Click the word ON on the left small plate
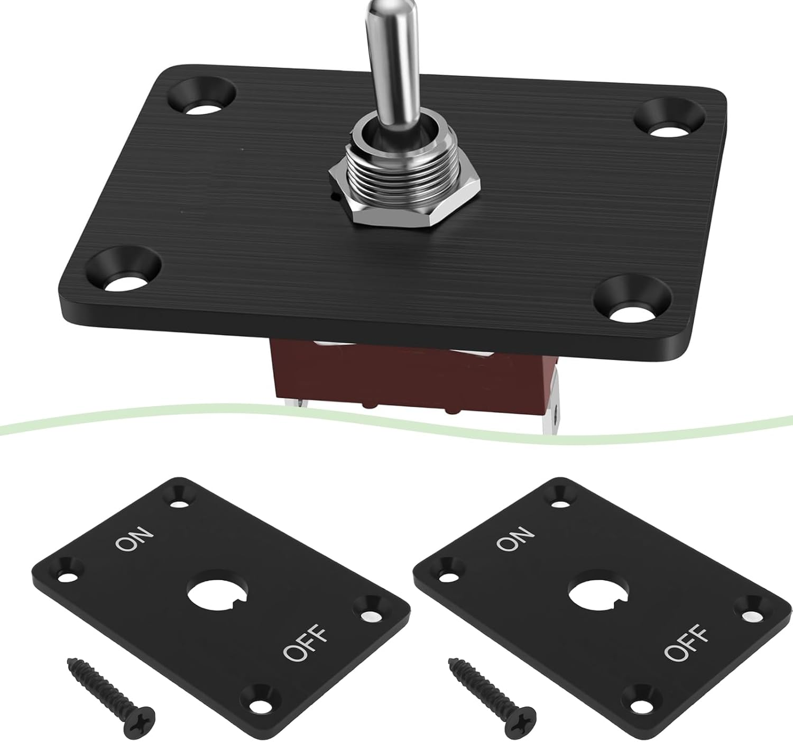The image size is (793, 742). click(x=135, y=538)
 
